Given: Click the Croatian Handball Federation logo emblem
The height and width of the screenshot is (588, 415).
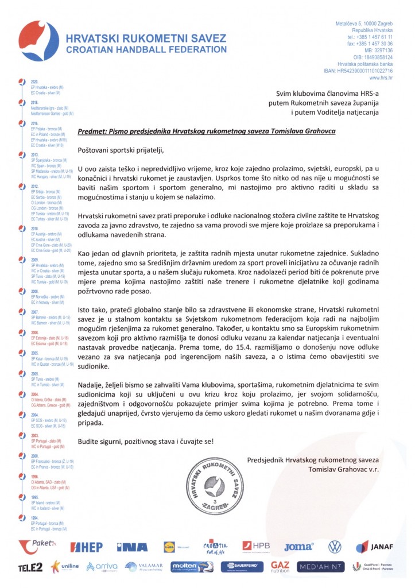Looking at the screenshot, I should point(37,44).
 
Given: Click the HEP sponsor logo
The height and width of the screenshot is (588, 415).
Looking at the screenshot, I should point(86,547).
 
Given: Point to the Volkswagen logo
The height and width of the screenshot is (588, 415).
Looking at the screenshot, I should point(335,546).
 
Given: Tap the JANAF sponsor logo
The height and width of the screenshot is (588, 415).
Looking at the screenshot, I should point(374,547).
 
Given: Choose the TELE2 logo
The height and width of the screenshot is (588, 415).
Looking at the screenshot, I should point(30,567).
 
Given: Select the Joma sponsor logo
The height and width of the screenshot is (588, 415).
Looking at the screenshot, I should point(298,547).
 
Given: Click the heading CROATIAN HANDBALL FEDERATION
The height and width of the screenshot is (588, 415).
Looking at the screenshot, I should point(147,49).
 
